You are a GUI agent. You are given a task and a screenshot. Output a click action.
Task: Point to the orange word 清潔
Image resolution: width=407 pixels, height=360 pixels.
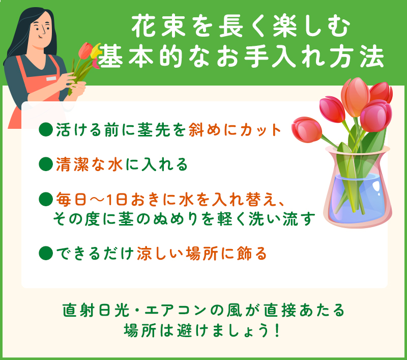click(72, 164)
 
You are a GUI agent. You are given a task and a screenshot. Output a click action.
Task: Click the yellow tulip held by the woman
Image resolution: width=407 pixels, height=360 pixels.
click(96, 51)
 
